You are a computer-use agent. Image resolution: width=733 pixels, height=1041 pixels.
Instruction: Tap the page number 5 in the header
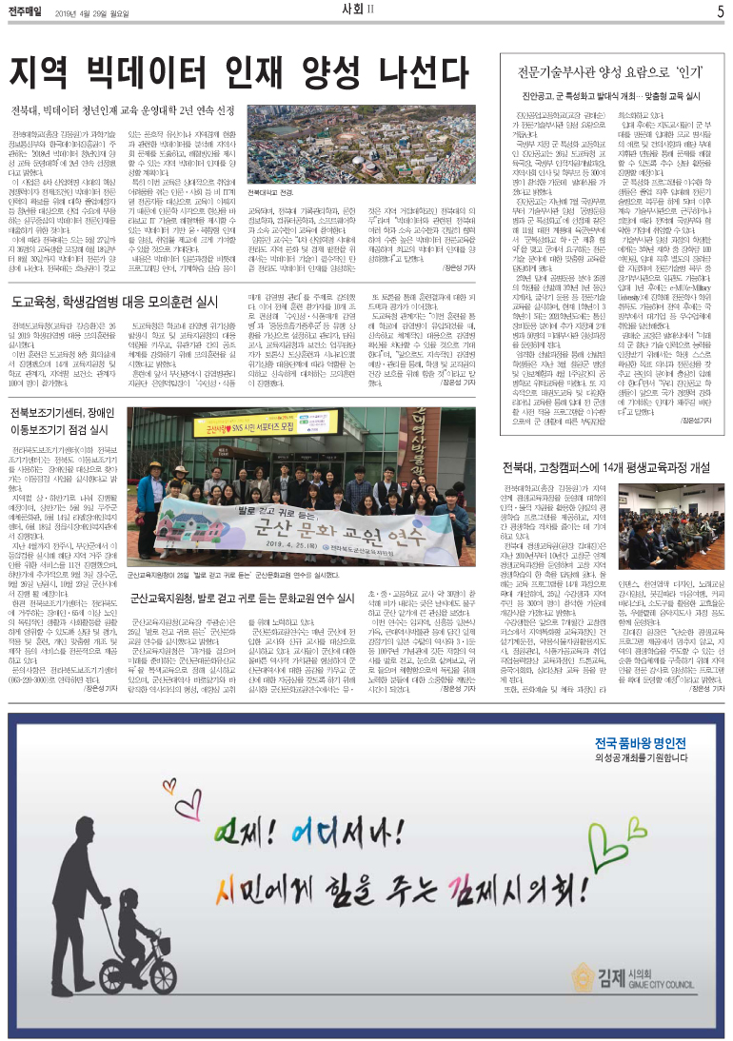coord(720,11)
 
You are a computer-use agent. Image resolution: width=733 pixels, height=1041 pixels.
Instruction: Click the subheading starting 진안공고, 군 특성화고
coord(604,97)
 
